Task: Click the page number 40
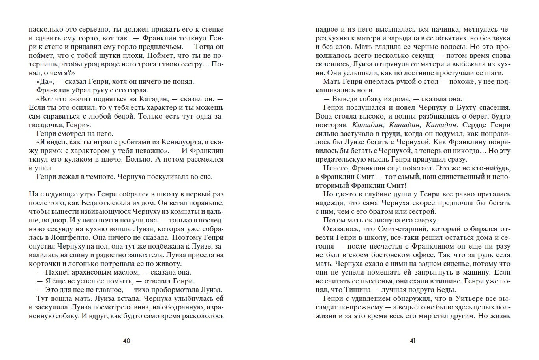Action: [x=126, y=341]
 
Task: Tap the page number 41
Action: [x=413, y=341]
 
